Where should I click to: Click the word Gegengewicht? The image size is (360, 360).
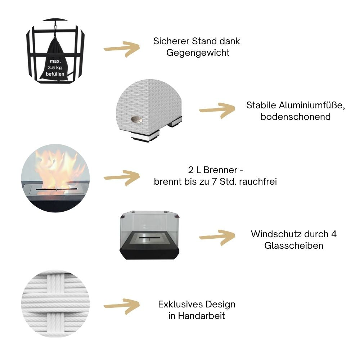coord(198,53)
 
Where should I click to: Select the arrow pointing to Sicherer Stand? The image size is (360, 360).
coord(121,48)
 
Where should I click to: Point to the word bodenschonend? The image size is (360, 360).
coord(296,117)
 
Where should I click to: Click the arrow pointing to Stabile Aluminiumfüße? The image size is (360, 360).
coord(217,110)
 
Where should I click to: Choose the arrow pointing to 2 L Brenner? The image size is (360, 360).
coord(121,178)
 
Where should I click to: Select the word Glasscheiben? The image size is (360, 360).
coord(293,246)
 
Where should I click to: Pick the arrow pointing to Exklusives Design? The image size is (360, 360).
coord(121,306)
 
